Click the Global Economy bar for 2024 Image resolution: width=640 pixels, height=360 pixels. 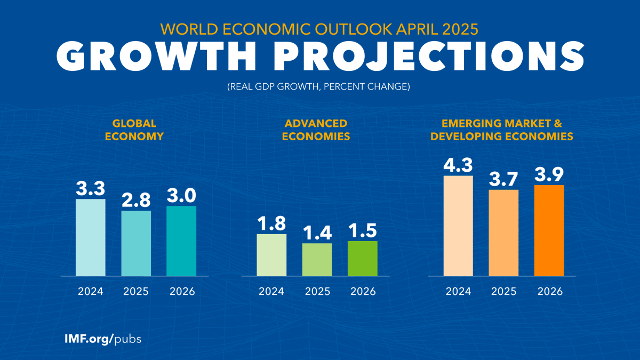pos(90,237)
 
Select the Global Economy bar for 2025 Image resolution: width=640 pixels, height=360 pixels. pos(136,243)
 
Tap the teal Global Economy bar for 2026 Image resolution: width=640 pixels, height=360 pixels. pos(181,241)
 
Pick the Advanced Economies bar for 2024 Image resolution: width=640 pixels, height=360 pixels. pos(271,255)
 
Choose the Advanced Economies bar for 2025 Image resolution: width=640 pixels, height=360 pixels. pos(317,260)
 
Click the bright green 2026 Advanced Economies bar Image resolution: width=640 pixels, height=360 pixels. pos(363,259)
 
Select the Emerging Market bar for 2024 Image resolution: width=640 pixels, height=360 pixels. pos(458,226)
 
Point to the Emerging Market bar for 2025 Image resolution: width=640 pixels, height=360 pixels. pos(504,233)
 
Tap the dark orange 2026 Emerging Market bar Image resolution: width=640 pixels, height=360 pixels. pos(549,230)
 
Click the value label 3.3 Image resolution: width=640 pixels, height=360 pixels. pos(90,188)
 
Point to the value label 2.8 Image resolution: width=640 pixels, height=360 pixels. pos(136,200)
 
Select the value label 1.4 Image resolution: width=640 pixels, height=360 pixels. pos(317,233)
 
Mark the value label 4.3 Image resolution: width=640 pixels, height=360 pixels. pos(458,165)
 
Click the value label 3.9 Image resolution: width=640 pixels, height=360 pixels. pos(549,174)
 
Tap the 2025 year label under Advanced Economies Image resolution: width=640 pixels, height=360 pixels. pos(317,292)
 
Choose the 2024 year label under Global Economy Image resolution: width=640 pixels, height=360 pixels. pos(90,292)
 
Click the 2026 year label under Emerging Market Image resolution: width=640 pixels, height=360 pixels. pos(549,292)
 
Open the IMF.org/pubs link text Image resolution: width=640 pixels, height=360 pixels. pos(101,339)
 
